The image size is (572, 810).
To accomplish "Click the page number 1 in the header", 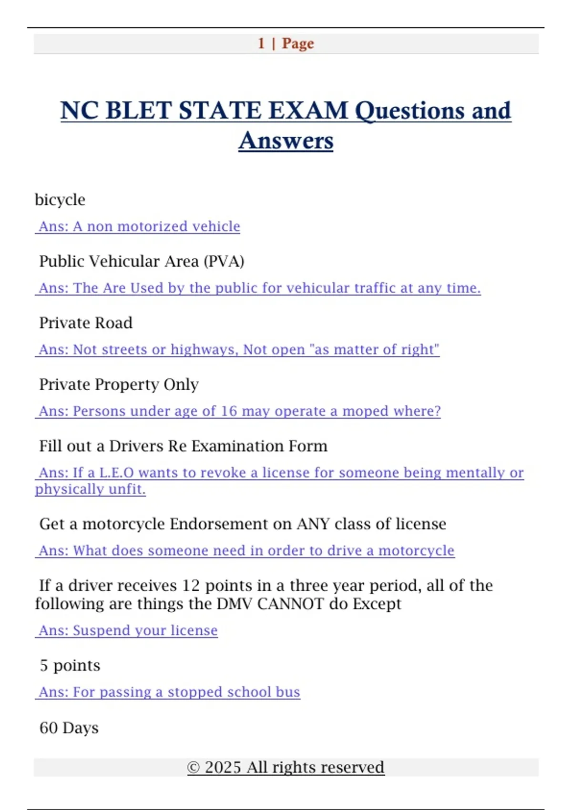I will click(x=261, y=43).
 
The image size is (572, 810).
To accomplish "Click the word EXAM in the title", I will click(x=308, y=111).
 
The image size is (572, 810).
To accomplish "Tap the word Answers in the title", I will click(x=286, y=141).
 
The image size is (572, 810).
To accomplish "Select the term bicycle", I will click(x=60, y=200).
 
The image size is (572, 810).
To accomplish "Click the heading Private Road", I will click(x=86, y=323).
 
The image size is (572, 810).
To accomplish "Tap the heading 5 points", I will click(x=70, y=665).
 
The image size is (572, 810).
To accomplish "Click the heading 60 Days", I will click(x=69, y=728).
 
